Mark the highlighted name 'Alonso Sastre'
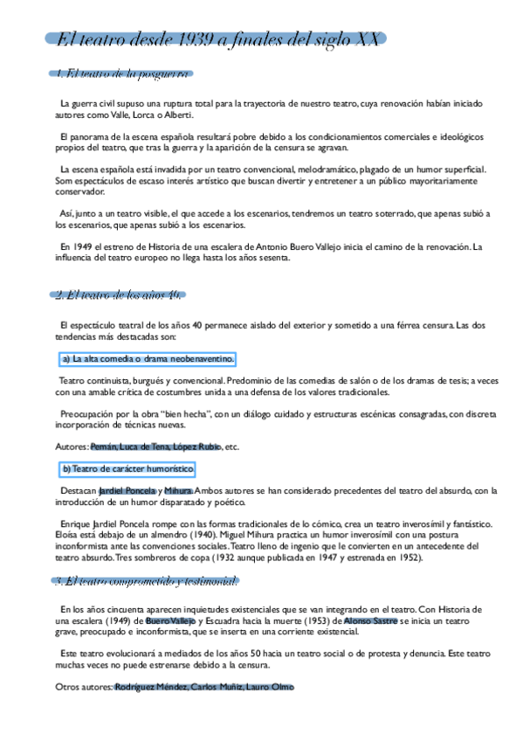370,620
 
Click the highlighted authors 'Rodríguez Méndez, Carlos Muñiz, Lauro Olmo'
204,688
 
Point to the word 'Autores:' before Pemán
71,447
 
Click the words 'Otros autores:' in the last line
84,688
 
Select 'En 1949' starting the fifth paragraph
76,246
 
